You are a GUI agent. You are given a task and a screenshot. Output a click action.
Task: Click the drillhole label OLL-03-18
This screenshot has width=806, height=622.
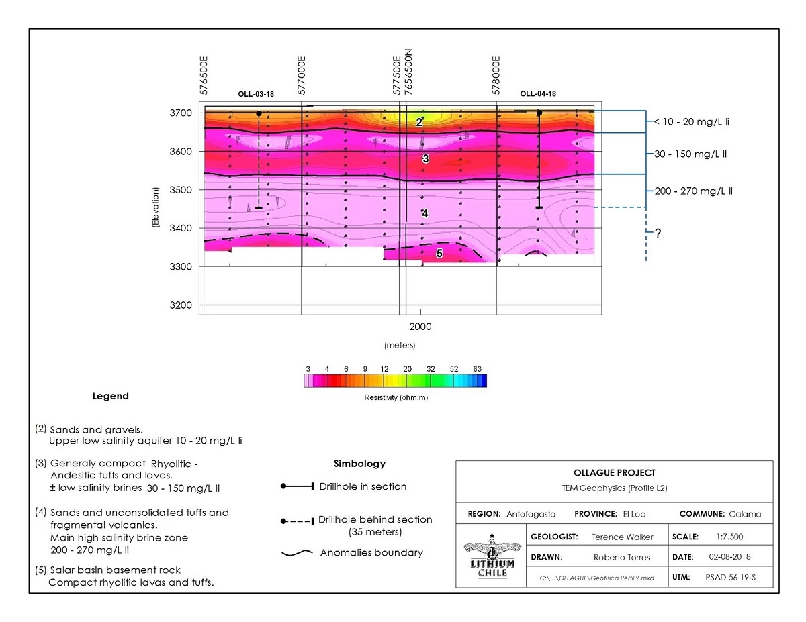256,94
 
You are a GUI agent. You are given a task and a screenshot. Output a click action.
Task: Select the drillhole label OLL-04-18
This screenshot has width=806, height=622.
538,94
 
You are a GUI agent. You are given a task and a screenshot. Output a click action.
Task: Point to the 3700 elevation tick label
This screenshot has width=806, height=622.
181,113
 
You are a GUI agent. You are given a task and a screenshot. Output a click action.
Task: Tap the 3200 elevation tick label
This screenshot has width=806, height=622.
181,305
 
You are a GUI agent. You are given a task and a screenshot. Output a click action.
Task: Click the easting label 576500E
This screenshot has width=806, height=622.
204,76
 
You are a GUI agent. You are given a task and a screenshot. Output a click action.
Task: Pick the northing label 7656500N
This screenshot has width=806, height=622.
408,72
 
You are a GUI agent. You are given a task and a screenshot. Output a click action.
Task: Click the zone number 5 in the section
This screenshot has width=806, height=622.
439,254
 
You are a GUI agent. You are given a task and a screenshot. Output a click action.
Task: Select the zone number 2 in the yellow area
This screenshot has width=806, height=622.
419,122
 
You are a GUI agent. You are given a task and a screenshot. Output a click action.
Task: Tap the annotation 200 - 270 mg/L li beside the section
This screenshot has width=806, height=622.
694,191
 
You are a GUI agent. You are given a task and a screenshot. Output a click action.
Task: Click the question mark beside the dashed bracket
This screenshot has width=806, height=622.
658,234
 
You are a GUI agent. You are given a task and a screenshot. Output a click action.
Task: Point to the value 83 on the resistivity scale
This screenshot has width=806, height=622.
478,369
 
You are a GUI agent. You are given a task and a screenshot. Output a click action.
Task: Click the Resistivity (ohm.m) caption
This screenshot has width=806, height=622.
396,397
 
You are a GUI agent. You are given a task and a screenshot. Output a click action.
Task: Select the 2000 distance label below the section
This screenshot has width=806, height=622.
420,327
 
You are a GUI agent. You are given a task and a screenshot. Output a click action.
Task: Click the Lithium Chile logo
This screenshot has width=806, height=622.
492,556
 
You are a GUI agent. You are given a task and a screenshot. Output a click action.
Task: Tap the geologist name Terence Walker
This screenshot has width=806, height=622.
623,537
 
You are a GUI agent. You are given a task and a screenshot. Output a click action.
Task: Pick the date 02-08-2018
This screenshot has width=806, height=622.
729,557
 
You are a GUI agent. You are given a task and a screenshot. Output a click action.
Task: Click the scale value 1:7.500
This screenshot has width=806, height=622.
729,537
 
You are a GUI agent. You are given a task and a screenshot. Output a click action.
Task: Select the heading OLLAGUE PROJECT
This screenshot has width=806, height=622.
615,473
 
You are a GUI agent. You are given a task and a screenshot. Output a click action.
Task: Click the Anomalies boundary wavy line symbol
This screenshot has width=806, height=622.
297,553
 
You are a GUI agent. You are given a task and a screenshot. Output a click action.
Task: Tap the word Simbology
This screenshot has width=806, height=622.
360,464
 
